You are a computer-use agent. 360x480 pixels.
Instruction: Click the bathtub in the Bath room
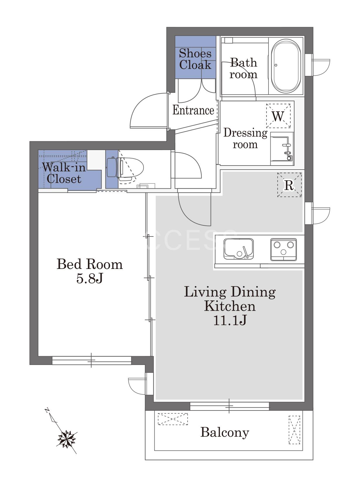(286, 66)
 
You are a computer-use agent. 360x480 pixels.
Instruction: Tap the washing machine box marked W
(278, 116)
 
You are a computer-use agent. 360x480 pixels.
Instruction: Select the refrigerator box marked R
(289, 185)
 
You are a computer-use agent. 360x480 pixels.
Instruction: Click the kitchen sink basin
(238, 249)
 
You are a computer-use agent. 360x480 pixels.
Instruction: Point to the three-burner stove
(283, 250)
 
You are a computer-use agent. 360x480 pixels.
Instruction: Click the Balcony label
(225, 432)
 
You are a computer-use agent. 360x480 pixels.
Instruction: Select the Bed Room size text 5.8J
(90, 278)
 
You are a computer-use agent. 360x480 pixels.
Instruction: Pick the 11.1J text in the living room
(230, 321)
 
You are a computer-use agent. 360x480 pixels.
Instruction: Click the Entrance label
(193, 110)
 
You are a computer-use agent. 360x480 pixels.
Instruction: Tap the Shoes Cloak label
(195, 59)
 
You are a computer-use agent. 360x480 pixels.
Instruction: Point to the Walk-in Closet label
(64, 173)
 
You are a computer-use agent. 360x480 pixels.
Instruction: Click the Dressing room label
(245, 138)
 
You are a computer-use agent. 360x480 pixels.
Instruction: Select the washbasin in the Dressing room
(282, 149)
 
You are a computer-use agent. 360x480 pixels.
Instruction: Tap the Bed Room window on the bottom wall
(92, 360)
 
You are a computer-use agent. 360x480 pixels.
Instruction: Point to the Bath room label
(243, 68)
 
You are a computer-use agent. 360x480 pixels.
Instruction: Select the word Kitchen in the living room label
(230, 306)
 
